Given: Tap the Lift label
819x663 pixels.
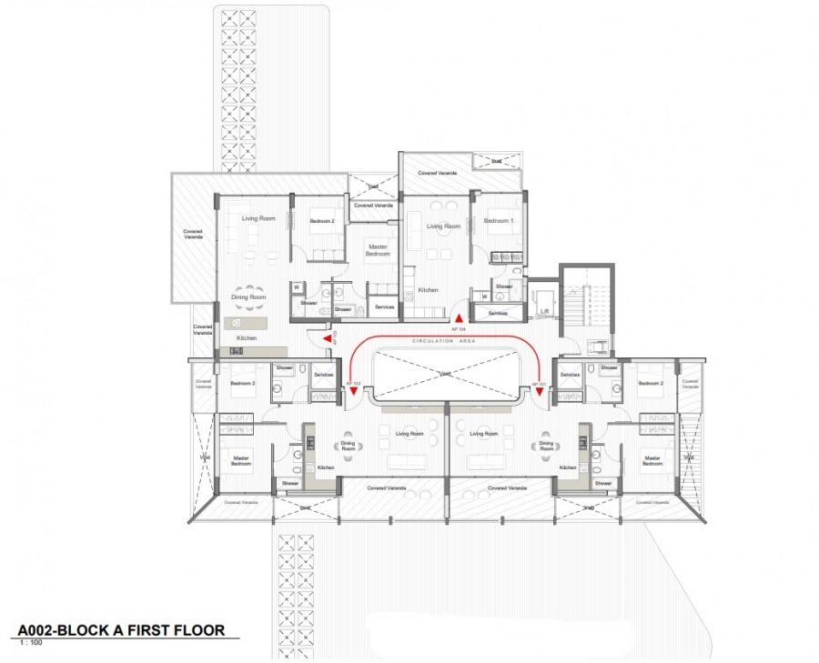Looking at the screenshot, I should (x=544, y=310).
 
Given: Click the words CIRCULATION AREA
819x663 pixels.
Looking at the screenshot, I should (x=444, y=341).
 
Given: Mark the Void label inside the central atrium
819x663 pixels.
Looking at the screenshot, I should (x=444, y=374).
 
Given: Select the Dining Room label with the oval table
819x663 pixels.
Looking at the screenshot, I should (x=247, y=297).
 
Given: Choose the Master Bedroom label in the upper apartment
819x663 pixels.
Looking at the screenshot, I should (x=377, y=249).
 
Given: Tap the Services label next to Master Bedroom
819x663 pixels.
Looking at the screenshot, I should (x=384, y=307).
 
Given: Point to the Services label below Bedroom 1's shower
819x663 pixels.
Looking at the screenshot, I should (x=497, y=313).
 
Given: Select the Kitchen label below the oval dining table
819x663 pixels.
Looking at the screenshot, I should (x=246, y=338).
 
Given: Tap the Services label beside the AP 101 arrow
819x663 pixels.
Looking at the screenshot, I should (x=570, y=375).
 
